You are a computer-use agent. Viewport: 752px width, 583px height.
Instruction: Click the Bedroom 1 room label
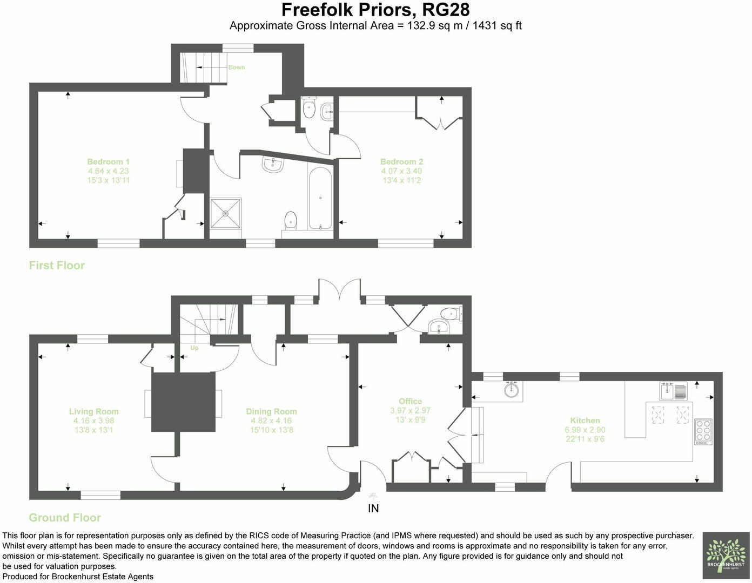(x=109, y=161)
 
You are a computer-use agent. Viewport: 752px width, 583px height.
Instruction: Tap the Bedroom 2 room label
(x=401, y=161)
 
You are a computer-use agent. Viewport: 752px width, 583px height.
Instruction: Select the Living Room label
(x=94, y=411)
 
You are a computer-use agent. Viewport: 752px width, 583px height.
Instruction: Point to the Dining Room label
(x=271, y=411)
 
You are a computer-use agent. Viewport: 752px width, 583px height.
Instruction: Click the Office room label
(x=410, y=401)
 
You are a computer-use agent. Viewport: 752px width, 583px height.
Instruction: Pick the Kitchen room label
(x=585, y=421)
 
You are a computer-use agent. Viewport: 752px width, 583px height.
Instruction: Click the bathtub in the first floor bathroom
(x=320, y=198)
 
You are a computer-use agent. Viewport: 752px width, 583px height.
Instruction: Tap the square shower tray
(x=225, y=213)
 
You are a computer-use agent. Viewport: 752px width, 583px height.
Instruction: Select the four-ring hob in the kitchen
(x=703, y=431)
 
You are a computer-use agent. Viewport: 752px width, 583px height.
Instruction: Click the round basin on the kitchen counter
(x=512, y=390)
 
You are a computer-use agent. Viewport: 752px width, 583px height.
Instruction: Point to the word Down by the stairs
(x=237, y=67)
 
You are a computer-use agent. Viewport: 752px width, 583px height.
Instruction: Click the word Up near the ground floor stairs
(x=194, y=348)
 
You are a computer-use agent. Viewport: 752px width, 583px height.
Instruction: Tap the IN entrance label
(x=373, y=509)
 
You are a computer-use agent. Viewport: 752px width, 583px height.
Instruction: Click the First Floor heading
(x=57, y=265)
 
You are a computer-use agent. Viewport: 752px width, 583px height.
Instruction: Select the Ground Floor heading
(x=65, y=518)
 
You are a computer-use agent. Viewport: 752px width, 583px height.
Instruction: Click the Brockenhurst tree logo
(x=726, y=555)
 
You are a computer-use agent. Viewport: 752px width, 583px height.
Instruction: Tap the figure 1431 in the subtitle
(x=485, y=25)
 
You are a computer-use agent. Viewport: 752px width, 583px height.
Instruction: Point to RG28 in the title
(x=446, y=10)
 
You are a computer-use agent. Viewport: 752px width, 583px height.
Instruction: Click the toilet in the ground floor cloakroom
(x=451, y=314)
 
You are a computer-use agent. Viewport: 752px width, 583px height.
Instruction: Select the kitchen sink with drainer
(x=674, y=391)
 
